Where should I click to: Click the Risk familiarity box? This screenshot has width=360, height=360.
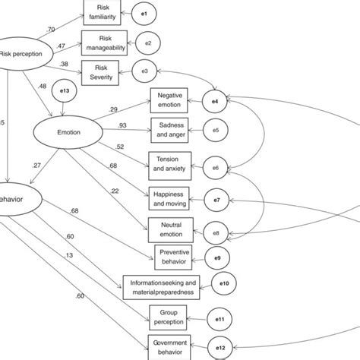click(x=106, y=11)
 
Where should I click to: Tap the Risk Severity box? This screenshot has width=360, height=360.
click(x=106, y=73)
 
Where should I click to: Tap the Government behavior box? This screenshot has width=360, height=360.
click(x=169, y=347)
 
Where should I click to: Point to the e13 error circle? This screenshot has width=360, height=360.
click(x=65, y=93)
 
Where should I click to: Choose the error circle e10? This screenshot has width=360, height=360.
click(x=224, y=285)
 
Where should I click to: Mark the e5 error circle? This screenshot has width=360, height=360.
click(x=216, y=131)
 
